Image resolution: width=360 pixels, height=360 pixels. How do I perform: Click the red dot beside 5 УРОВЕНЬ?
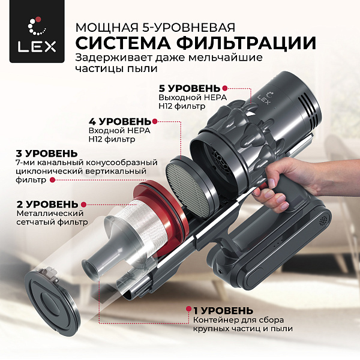point(226,88)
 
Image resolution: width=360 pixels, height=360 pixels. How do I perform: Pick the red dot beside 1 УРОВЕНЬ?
point(188,310)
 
